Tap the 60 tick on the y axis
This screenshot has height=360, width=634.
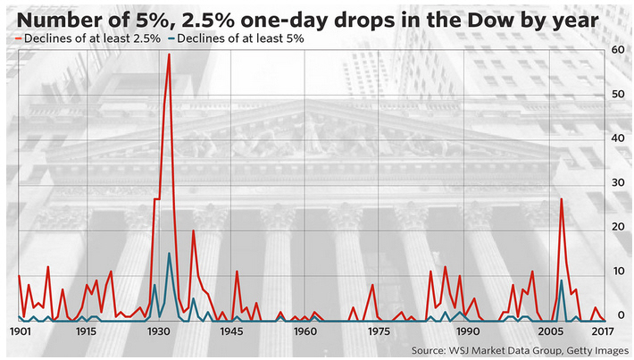coord(617,51)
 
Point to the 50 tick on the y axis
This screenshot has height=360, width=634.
coord(617,95)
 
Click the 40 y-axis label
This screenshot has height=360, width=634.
coord(617,138)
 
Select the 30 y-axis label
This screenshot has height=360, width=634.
coord(617,183)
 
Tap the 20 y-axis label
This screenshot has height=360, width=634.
coord(617,227)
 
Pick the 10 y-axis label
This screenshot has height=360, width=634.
coord(617,272)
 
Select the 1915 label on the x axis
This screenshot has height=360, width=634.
coord(86,331)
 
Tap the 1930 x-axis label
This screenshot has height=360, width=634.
coord(159,331)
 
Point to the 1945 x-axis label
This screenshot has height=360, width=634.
coord(232,331)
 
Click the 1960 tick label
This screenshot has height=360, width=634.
coord(305,331)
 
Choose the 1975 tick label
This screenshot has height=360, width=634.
coord(379,331)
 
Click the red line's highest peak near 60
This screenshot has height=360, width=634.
coord(169,54)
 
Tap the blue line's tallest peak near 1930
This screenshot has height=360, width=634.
coord(169,254)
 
